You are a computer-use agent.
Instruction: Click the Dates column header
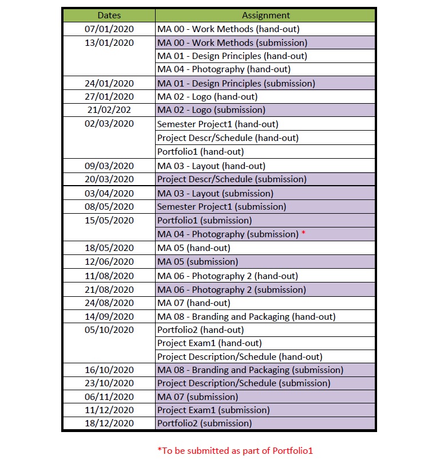tap(109, 15)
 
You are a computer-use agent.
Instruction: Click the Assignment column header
tap(265, 15)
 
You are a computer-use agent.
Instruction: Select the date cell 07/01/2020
tap(109, 29)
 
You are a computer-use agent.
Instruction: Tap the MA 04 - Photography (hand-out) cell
tap(224, 69)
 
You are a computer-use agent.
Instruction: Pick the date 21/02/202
tap(109, 110)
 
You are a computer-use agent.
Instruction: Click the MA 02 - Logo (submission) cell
tap(211, 110)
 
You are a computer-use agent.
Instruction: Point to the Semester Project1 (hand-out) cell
tap(217, 124)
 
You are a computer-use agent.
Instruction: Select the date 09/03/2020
tap(109, 166)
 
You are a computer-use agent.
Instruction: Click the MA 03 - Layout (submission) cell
tap(215, 193)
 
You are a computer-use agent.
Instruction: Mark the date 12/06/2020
tap(109, 262)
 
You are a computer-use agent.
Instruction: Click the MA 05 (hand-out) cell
tap(193, 248)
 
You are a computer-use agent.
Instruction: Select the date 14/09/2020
tap(109, 316)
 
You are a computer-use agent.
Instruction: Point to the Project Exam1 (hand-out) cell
tap(209, 343)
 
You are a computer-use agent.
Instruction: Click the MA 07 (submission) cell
tap(197, 397)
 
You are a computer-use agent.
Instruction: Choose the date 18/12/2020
tap(109, 423)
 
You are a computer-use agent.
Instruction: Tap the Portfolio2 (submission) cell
tap(204, 423)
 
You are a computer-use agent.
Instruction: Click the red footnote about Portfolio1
tap(235, 451)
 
